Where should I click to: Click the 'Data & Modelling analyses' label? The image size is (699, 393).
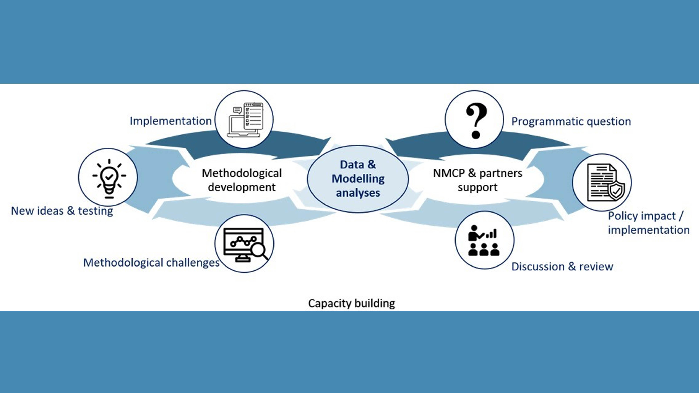pos(358,179)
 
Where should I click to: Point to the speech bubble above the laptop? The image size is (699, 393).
pos(237,110)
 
